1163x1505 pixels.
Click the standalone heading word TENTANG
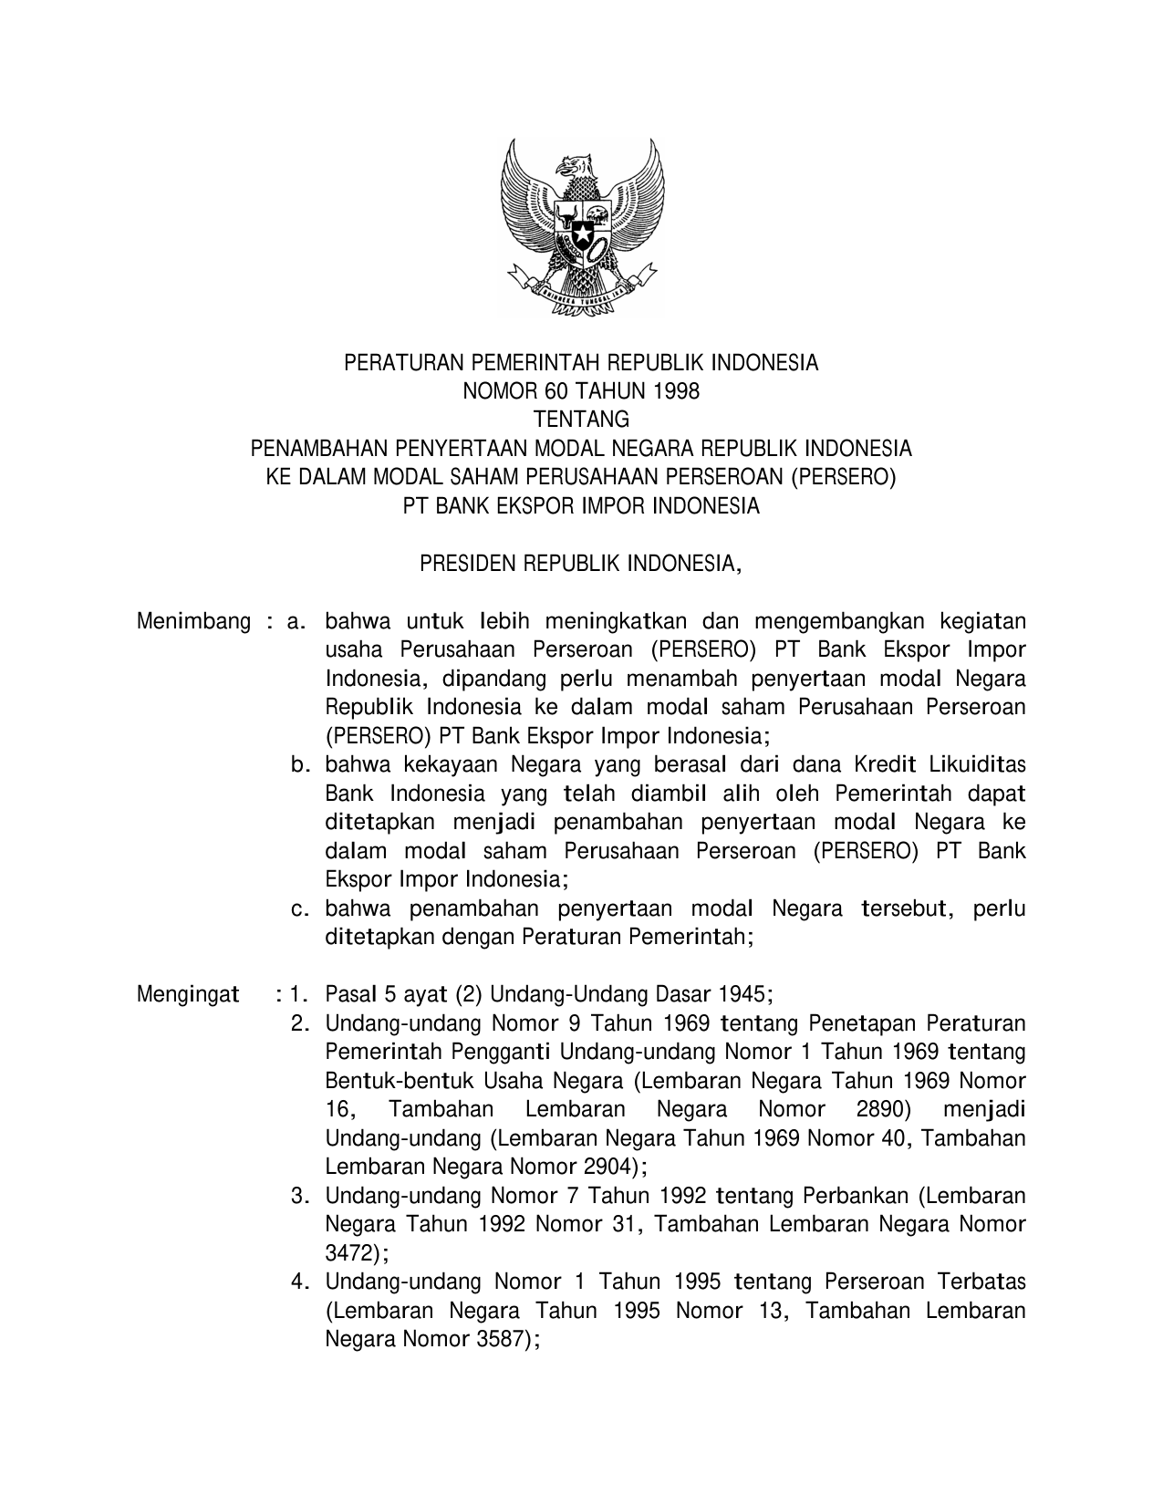point(581,420)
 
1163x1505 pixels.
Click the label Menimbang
point(193,622)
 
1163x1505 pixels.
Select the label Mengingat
point(188,993)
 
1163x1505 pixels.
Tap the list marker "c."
point(301,908)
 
